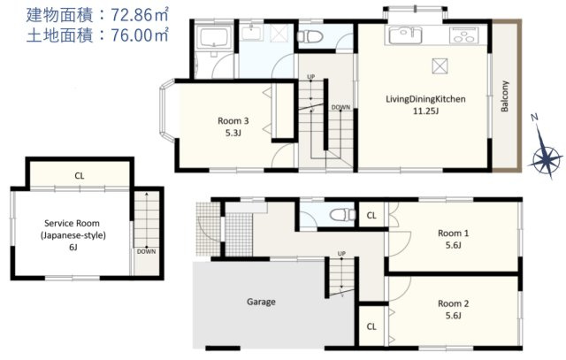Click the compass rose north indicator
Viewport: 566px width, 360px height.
click(547, 148)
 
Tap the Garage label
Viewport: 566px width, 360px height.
click(261, 302)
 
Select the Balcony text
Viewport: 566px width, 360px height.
click(504, 96)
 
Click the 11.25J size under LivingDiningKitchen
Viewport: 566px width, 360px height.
click(425, 111)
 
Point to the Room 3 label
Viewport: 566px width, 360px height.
click(233, 120)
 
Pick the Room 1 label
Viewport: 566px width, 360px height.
click(454, 234)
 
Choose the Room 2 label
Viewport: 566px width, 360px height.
click(454, 303)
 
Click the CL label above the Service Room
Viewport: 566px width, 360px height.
click(80, 176)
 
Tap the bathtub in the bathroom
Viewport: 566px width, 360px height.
click(214, 37)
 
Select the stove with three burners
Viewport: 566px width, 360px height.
click(463, 35)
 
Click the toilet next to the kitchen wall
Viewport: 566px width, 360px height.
click(310, 36)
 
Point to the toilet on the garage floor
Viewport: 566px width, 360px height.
click(343, 214)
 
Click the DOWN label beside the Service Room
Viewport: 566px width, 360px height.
click(146, 252)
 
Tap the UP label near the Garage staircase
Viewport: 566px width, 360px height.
click(341, 254)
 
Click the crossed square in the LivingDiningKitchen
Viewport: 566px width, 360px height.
click(440, 66)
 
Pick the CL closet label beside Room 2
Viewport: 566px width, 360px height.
click(371, 326)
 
